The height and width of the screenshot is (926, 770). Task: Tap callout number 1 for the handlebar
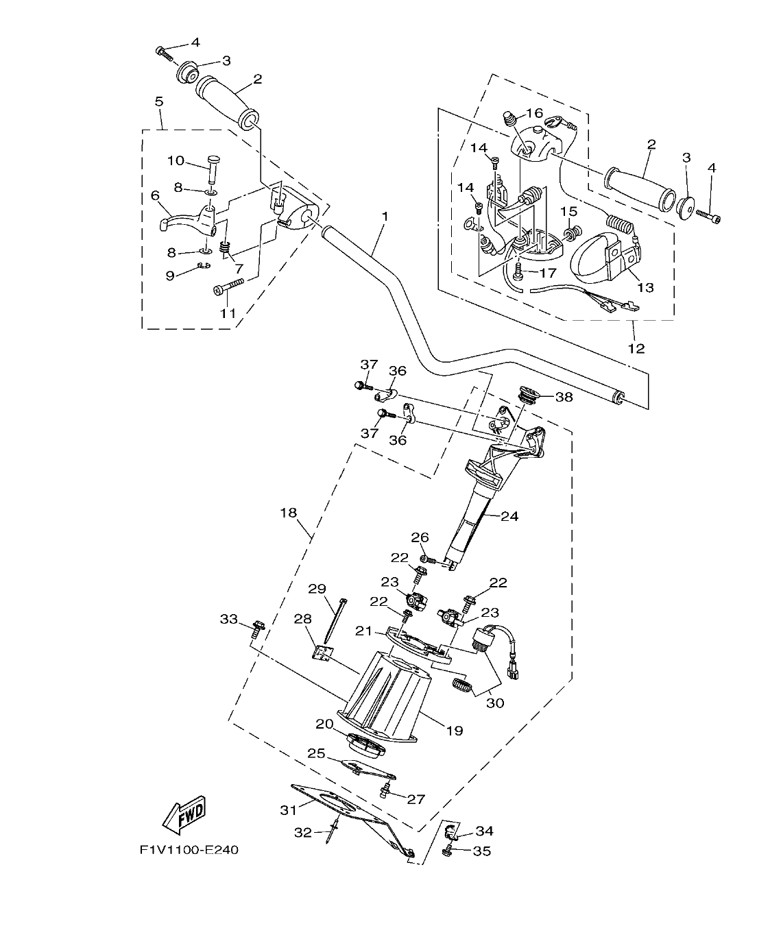[385, 216]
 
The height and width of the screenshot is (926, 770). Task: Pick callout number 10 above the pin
[176, 160]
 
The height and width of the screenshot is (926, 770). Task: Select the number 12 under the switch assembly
[636, 348]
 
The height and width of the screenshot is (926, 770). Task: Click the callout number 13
[645, 287]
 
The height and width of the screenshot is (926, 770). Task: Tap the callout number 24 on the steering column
[509, 516]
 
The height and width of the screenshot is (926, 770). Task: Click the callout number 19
[455, 731]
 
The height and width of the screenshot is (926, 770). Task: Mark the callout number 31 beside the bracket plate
[289, 809]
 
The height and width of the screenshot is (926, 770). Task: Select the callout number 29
[316, 588]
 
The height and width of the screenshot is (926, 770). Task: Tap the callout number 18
[287, 512]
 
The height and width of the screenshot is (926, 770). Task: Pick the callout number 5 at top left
[159, 101]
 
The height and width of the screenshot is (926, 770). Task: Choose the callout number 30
[494, 703]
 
